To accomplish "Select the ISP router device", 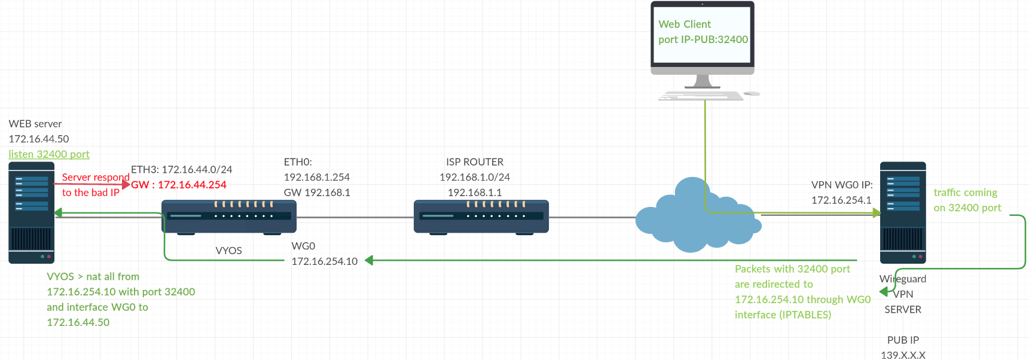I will (481, 216).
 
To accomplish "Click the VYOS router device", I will (229, 216).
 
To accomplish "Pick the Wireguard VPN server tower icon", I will (903, 213).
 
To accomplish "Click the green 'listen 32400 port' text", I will (49, 154).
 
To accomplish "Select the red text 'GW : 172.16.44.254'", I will (179, 185).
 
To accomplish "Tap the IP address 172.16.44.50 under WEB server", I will (39, 139).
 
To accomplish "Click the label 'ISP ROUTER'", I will (475, 162).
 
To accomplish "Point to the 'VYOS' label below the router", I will (228, 251).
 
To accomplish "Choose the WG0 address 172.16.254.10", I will (324, 261).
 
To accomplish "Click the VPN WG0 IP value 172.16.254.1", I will (841, 200).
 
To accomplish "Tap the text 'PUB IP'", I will (903, 340).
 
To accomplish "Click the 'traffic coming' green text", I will (965, 193).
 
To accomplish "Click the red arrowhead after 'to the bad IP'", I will (126, 185).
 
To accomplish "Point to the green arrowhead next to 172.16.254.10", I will (369, 260).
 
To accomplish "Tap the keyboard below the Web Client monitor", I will (701, 96).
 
